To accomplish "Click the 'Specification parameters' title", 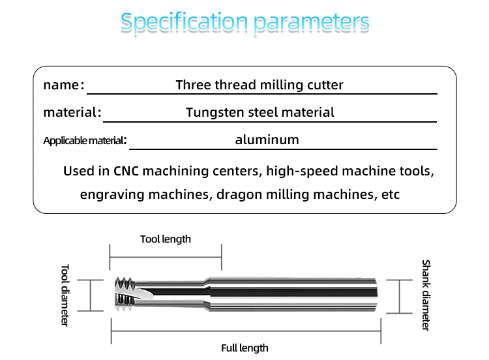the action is [244, 23].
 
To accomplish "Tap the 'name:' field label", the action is [63, 85].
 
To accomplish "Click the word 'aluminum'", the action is [267, 140].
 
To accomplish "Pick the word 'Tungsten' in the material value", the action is [215, 112].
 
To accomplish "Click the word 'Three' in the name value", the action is [192, 85].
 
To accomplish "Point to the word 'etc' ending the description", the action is [390, 194].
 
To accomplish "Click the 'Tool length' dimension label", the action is [166, 239].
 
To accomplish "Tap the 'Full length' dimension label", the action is [244, 348].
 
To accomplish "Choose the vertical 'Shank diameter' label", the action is [426, 295].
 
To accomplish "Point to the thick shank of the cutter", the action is [293, 295].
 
